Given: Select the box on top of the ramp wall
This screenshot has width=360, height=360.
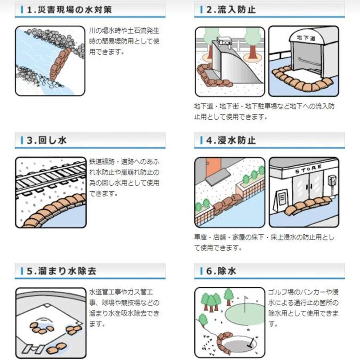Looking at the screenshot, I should pyautogui.click(x=224, y=40).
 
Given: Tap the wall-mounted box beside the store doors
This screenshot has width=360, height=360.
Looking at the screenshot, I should pyautogui.click(x=330, y=181).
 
